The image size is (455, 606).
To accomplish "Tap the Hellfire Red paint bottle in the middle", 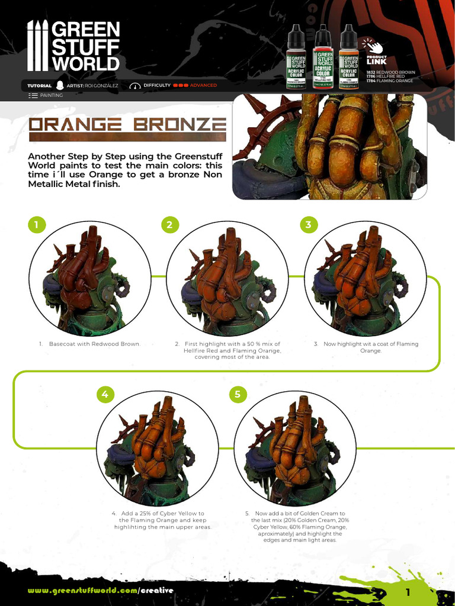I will pyautogui.click(x=322, y=57).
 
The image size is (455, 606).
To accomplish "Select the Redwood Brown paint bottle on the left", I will pyautogui.click(x=296, y=57).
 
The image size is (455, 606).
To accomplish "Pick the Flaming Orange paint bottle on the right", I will pyautogui.click(x=348, y=57).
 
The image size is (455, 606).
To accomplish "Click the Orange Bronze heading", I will pyautogui.click(x=128, y=125).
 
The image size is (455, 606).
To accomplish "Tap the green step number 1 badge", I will pyautogui.click(x=36, y=225).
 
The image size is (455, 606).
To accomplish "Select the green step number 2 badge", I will pyautogui.click(x=169, y=225).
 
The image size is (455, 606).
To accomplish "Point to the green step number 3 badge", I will pyautogui.click(x=308, y=225).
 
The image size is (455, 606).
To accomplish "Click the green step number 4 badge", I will pyautogui.click(x=105, y=394).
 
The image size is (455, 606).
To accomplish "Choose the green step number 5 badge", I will pyautogui.click(x=238, y=394).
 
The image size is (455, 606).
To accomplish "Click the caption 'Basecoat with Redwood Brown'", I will pyautogui.click(x=90, y=344).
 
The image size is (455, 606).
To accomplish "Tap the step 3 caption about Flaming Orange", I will pyautogui.click(x=367, y=347).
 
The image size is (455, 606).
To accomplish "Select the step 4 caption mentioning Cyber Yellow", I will pyautogui.click(x=162, y=520).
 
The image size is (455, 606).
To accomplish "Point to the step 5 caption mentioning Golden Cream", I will pyautogui.click(x=300, y=527).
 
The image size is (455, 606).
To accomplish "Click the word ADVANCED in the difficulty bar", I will pyautogui.click(x=203, y=85).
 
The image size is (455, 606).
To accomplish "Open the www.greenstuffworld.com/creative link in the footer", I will pyautogui.click(x=101, y=591).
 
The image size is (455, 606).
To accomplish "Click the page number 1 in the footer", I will pyautogui.click(x=408, y=592).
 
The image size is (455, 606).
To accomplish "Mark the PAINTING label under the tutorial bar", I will pyautogui.click(x=51, y=95).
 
